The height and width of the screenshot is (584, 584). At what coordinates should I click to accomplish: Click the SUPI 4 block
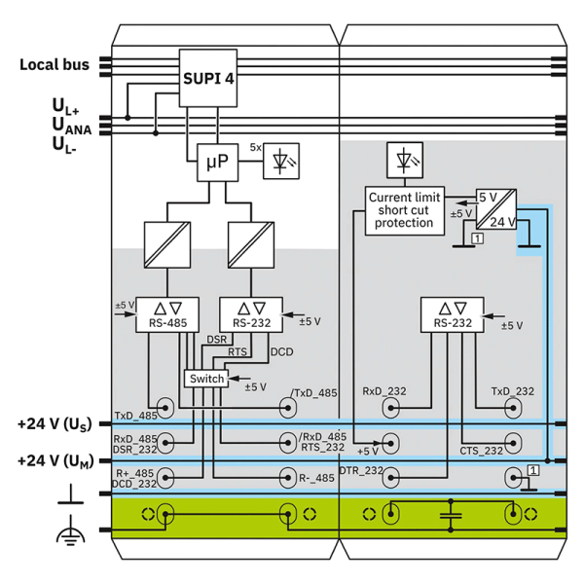[x=208, y=78]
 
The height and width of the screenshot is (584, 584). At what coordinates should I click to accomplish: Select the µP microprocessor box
[x=217, y=163]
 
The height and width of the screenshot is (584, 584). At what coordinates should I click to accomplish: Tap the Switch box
[x=206, y=379]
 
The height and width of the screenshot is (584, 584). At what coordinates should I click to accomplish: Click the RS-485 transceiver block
[x=167, y=314]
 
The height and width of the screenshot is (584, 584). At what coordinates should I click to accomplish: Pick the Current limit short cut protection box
[x=405, y=211]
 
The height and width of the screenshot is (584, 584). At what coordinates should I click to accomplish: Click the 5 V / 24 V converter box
[x=496, y=209]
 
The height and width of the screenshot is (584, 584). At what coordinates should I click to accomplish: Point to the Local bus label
[x=55, y=65]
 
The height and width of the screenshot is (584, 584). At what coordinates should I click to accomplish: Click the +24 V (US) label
[x=55, y=424]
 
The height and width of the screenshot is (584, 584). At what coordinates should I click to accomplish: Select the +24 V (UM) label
[x=55, y=461]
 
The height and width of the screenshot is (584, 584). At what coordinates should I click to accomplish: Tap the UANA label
[x=71, y=126]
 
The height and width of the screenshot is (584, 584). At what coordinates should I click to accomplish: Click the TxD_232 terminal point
[x=513, y=408]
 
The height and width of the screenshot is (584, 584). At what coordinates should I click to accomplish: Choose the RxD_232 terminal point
[x=390, y=408]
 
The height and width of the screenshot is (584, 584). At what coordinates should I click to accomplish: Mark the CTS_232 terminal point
[x=513, y=443]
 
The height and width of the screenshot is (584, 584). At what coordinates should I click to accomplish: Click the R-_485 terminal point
[x=288, y=478]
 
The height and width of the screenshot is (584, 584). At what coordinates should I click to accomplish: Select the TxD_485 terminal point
[x=165, y=408]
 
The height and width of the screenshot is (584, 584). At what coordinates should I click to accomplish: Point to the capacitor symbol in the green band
[x=451, y=516]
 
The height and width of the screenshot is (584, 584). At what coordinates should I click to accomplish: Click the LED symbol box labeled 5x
[x=281, y=161]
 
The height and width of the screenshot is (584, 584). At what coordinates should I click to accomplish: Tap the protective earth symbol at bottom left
[x=70, y=530]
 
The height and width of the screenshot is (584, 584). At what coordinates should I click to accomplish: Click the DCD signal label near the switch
[x=281, y=352]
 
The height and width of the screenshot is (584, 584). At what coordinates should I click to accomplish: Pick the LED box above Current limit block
[x=405, y=160]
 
